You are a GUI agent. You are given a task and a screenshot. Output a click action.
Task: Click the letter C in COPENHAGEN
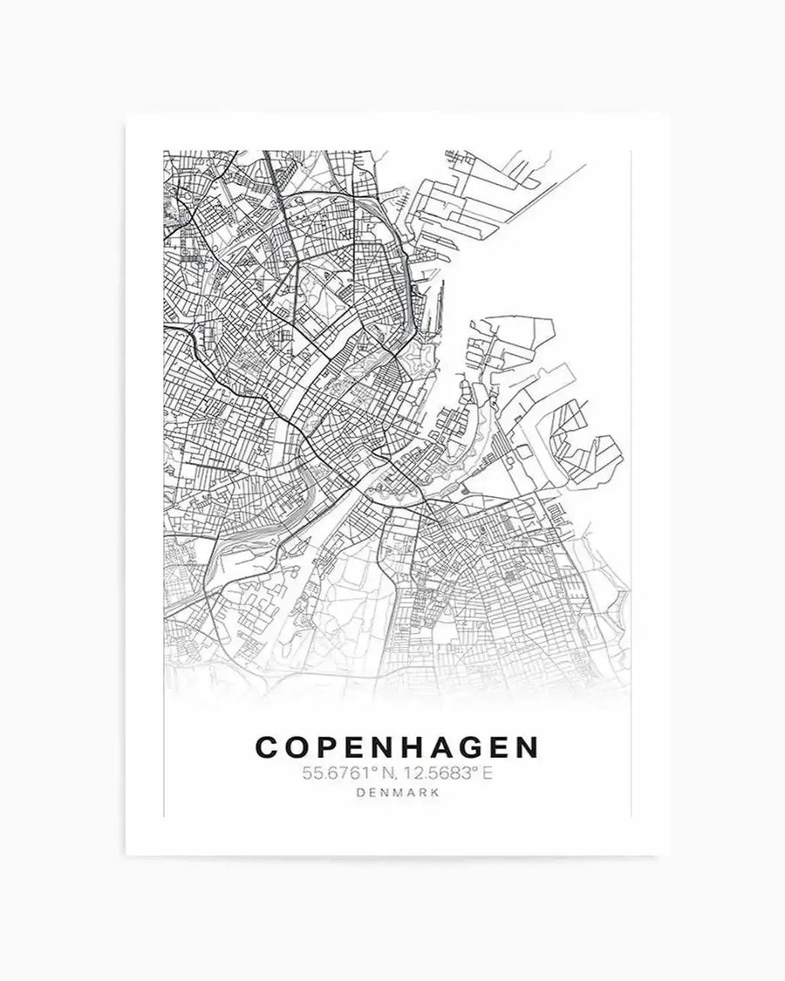click(265, 747)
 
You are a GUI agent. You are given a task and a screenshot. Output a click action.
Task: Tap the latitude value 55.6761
click(329, 772)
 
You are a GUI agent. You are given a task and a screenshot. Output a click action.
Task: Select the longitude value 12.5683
click(427, 772)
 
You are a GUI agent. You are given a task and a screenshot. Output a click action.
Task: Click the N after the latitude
click(372, 772)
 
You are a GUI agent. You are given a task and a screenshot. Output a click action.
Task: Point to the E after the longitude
click(475, 772)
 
